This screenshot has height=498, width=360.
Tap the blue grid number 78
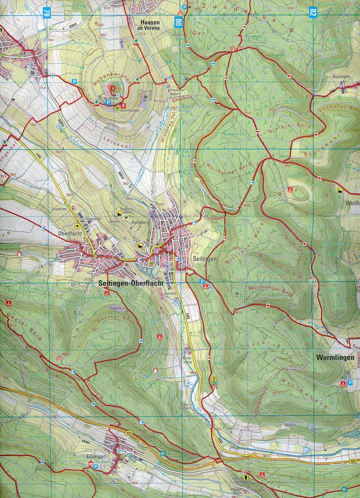pyautogui.click(x=47, y=12)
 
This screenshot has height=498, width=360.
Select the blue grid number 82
pyautogui.click(x=313, y=12)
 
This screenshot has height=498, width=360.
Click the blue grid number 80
pyautogui.click(x=179, y=21)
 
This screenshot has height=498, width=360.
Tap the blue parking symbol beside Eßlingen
pyautogui.click(x=96, y=466)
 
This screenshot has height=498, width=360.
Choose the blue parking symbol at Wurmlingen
pyautogui.click(x=349, y=375)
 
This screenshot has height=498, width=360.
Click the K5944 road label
pyautogui.click(x=86, y=442)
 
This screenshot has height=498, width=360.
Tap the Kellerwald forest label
pyautogui.click(x=232, y=133)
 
